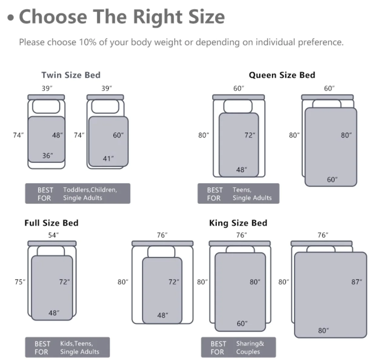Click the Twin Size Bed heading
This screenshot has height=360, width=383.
(71, 75)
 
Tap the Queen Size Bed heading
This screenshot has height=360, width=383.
(282, 75)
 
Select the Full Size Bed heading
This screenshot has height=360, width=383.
(52, 223)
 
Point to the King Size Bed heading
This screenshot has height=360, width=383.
(238, 223)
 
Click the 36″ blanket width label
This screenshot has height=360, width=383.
(48, 156)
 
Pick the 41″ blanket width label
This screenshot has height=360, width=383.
(108, 158)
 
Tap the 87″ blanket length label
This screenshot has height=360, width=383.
(357, 282)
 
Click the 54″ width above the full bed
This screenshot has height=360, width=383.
(53, 235)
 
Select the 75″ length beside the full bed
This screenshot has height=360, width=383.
(20, 282)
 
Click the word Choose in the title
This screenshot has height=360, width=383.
(53, 17)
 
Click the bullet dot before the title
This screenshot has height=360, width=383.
(11, 18)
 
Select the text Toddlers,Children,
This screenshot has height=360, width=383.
(90, 190)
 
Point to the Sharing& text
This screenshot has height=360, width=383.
(250, 343)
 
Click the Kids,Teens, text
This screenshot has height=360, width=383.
(76, 343)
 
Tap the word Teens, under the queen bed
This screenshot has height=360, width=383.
(242, 190)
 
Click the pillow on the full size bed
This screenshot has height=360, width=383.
(51, 251)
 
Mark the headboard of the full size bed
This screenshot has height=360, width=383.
(52, 243)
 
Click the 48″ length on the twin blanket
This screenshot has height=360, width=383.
(58, 135)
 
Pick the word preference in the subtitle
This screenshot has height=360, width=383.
(321, 42)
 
